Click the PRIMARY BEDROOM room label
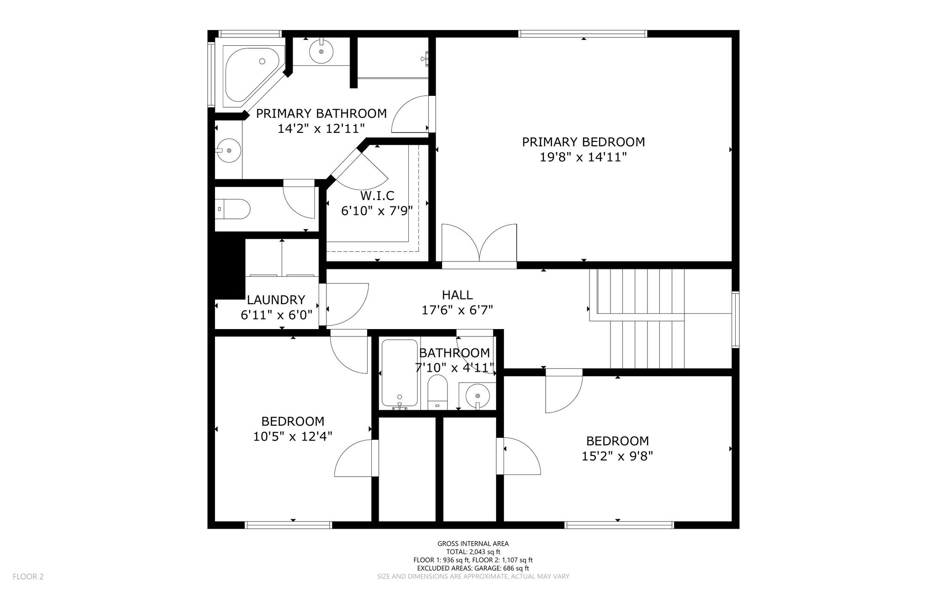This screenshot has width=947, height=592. point(583,142)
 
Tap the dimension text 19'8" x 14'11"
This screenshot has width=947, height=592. point(583,157)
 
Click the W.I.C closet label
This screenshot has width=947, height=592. point(377,196)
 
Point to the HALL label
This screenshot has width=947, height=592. point(457,295)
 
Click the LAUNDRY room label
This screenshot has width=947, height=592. point(276,300)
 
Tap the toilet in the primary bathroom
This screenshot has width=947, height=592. point(233,209)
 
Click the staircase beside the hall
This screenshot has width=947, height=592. point(637,318)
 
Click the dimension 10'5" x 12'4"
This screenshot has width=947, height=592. point(293,436)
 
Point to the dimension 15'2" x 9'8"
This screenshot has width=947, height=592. point(617,456)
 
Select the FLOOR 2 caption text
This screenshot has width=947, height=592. point(28,577)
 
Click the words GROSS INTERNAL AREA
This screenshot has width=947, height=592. point(473,544)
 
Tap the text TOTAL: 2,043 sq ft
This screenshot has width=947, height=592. point(473,552)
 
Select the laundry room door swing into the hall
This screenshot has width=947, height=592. point(344,304)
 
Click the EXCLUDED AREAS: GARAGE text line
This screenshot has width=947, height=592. point(473,568)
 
